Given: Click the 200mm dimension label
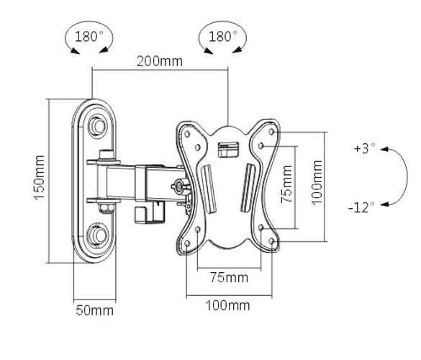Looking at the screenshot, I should pyautogui.click(x=160, y=61).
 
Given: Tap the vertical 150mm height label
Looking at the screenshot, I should pyautogui.click(x=40, y=177).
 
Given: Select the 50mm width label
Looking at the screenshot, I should pyautogui.click(x=95, y=310).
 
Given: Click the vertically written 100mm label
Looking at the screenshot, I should pyautogui.click(x=317, y=184).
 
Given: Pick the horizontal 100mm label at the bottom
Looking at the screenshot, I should pyautogui.click(x=229, y=305).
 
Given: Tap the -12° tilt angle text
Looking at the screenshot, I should pyautogui.click(x=361, y=207).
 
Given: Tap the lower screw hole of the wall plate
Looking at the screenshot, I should pyautogui.click(x=96, y=235).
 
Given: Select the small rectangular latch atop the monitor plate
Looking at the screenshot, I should pyautogui.click(x=227, y=149).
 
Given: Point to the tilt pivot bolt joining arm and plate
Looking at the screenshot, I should pyautogui.click(x=178, y=186).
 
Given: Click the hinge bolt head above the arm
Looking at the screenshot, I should pyautogui.click(x=107, y=154).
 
